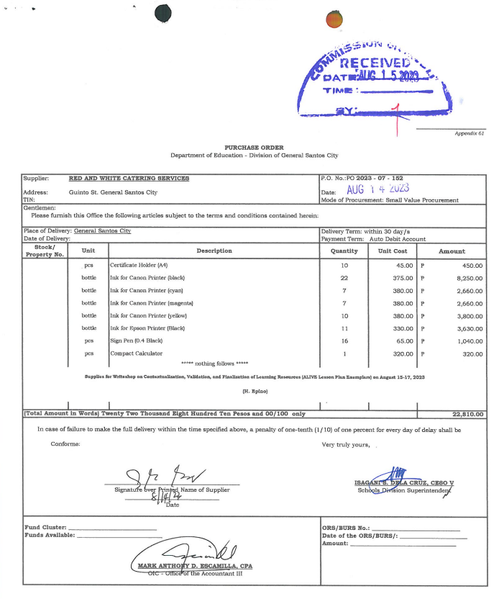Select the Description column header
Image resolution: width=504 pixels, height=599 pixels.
(214, 251)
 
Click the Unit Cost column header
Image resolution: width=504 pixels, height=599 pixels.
(393, 251)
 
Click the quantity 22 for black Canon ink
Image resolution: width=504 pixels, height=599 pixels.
(344, 278)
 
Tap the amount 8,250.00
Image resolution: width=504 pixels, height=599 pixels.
(468, 278)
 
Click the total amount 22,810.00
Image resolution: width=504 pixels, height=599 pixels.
(467, 414)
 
